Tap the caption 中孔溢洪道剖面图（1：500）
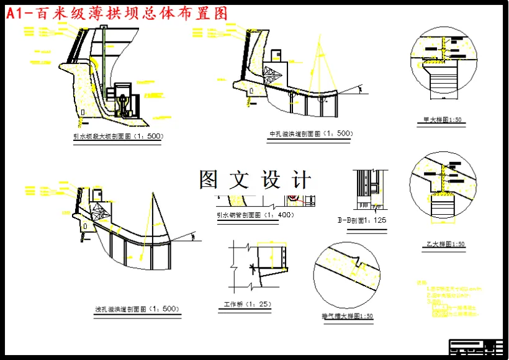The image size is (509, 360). (x=310, y=133)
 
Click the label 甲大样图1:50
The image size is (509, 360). (x=442, y=120)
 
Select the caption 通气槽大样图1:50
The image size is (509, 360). (x=348, y=316)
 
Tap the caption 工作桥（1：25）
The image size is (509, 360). (x=248, y=304)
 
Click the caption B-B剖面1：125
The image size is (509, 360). (x=362, y=220)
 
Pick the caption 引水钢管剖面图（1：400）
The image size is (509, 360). (x=255, y=215)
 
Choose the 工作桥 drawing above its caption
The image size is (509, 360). (x=258, y=264)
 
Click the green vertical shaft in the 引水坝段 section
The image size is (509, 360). (x=104, y=50)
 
